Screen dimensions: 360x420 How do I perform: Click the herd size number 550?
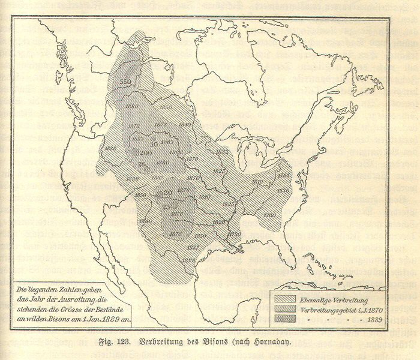click(125, 81)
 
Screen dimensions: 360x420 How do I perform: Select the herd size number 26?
click(142, 164)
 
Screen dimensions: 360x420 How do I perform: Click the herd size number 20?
click(168, 192)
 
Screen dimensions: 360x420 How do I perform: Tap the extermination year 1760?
click(268, 214)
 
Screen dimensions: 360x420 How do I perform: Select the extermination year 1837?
click(194, 247)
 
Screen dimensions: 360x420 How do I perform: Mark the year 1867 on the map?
click(157, 177)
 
